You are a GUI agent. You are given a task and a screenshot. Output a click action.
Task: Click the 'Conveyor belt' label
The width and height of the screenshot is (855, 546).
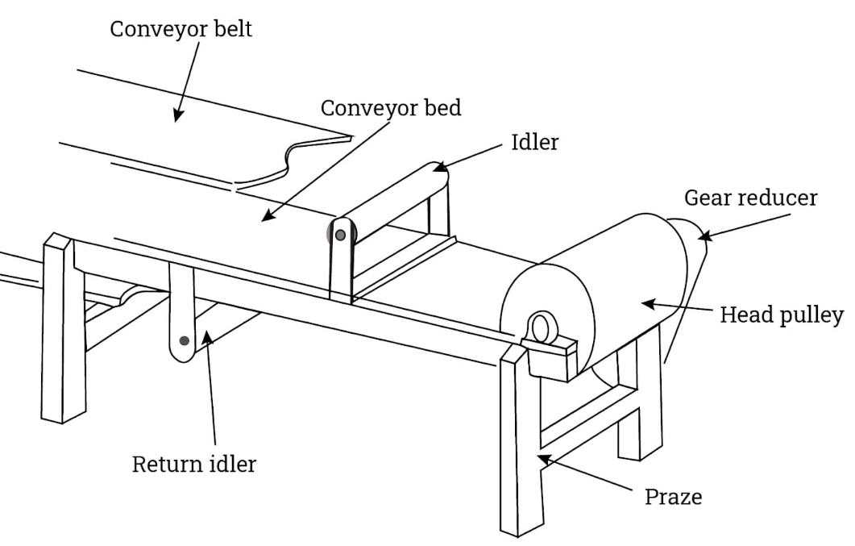181,29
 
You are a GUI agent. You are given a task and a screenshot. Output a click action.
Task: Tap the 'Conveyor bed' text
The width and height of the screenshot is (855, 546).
390,108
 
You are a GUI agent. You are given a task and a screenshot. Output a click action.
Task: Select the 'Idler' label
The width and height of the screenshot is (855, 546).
535,142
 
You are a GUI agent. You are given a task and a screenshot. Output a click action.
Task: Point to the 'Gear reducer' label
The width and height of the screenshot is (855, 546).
750,198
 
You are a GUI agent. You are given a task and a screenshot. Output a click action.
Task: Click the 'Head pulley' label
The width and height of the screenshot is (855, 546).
782,315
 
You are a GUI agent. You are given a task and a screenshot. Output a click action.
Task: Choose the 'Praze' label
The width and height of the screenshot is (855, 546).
674,497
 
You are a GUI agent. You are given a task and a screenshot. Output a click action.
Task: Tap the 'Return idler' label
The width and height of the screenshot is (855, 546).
194,465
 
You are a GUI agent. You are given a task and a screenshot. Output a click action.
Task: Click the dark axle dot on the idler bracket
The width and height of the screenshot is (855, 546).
340,235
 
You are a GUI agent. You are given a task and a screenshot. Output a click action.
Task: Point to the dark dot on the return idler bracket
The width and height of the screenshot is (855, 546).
185,340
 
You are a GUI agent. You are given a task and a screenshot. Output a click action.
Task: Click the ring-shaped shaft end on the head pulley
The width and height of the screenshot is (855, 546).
541,328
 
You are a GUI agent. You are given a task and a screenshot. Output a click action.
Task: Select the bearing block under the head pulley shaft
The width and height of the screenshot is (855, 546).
550,358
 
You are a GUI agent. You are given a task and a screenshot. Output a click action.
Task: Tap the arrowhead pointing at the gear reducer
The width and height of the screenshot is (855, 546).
704,236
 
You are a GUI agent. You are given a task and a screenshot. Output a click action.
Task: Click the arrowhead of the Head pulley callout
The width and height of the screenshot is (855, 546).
648,303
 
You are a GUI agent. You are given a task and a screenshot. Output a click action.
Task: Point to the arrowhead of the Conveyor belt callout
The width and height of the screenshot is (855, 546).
177,115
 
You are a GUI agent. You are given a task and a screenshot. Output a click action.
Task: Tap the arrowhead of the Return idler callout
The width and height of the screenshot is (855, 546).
206,336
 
